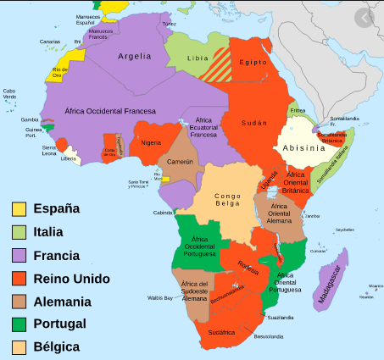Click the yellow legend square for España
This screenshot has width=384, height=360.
click(x=19, y=208)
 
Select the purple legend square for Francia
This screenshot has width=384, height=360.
click(x=19, y=254)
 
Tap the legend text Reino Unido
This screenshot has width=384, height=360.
click(x=71, y=278)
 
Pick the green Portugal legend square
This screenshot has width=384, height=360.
click(x=19, y=324)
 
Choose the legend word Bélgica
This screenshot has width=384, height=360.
click(x=56, y=346)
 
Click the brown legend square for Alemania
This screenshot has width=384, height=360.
click(x=19, y=301)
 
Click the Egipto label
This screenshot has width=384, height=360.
click(x=253, y=63)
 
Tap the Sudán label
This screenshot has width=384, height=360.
click(x=254, y=122)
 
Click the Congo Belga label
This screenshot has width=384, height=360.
click(x=227, y=200)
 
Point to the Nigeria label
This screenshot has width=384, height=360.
click(x=151, y=141)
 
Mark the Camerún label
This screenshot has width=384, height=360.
click(x=180, y=161)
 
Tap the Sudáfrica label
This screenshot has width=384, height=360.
click(x=221, y=332)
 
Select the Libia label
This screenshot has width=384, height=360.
click(x=198, y=58)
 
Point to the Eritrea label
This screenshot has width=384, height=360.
click(x=297, y=110)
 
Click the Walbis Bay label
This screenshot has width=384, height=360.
click(x=159, y=298)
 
